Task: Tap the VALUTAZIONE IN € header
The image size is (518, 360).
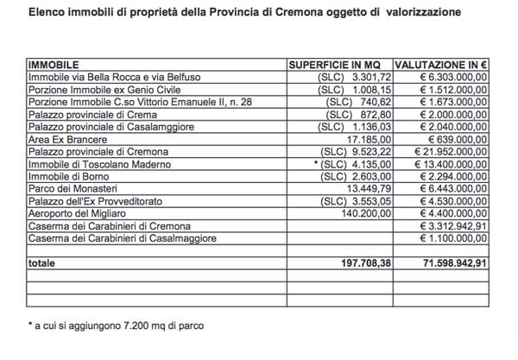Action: pyautogui.click(x=441, y=65)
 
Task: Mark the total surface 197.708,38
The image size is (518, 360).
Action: pyautogui.click(x=357, y=262)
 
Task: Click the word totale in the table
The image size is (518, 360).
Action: pyautogui.click(x=43, y=262)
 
